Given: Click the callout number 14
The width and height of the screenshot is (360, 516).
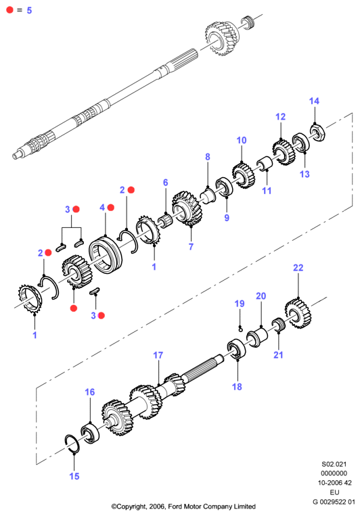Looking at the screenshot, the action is (314, 101).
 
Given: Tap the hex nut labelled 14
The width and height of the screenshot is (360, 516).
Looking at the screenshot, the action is (318, 132).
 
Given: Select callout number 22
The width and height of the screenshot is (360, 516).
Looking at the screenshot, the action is (298, 268).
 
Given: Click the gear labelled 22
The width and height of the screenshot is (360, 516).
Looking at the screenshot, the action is (298, 313).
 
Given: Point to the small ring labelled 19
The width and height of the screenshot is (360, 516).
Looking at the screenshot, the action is (241, 328).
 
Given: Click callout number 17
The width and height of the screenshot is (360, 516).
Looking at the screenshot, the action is (158, 355).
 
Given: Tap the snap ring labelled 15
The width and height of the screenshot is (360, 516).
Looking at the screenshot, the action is (72, 444).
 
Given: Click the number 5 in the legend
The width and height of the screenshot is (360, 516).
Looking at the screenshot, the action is (29, 10).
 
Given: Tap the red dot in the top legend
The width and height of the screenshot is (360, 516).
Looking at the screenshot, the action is (10, 10).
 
